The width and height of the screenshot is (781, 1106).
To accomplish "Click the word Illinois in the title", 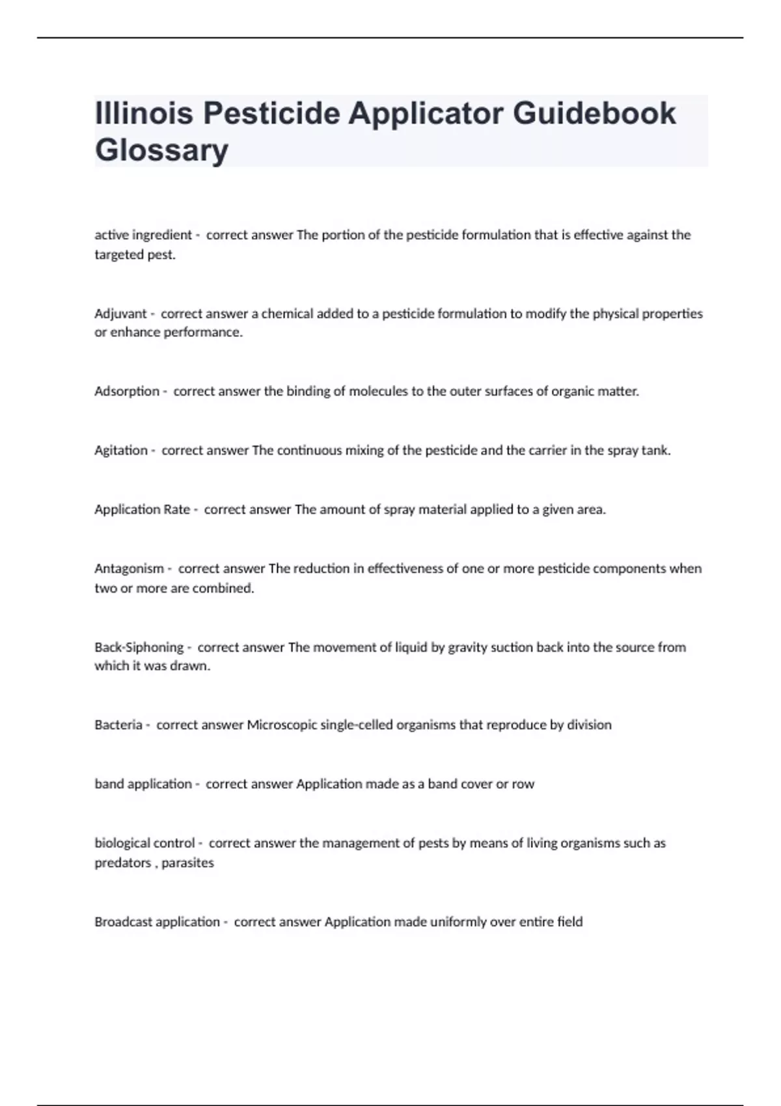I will (144, 113).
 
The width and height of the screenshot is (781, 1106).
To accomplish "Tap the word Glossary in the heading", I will (161, 150).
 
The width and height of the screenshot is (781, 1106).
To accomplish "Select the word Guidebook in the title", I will (594, 113).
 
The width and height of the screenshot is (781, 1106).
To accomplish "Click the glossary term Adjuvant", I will (120, 314).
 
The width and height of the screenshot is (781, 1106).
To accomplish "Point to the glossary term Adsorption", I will (127, 391).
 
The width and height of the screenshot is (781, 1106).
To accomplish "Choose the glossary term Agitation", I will (121, 450).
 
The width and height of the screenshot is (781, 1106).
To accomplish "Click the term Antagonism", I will (129, 569).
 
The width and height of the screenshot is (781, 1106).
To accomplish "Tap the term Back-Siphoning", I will (139, 647).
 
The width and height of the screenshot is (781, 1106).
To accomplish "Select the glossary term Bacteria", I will (118, 725).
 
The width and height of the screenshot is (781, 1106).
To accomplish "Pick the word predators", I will (122, 863).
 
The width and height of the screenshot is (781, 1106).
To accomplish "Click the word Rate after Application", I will (176, 509).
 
